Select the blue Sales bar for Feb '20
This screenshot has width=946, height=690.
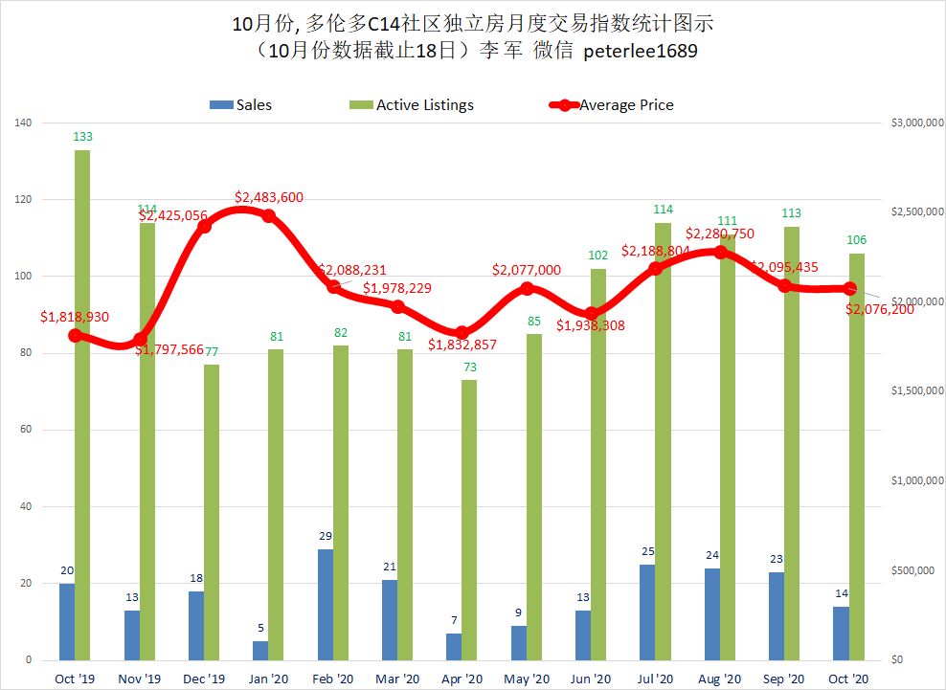click(x=325, y=604)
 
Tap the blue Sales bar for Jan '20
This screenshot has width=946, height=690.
click(x=260, y=650)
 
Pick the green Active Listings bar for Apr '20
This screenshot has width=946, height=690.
click(x=469, y=520)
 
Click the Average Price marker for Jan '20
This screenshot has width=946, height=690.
click(x=269, y=215)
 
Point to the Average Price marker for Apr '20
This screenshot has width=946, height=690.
click(x=462, y=333)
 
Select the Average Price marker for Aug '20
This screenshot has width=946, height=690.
click(x=720, y=253)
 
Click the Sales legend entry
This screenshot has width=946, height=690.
click(x=241, y=104)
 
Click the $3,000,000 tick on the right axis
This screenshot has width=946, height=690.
click(x=911, y=123)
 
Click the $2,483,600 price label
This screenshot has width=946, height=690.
click(x=269, y=197)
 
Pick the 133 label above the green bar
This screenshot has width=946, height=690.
click(x=84, y=138)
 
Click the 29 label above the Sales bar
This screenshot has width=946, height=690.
click(x=326, y=537)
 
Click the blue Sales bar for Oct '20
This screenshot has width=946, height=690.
click(x=841, y=633)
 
